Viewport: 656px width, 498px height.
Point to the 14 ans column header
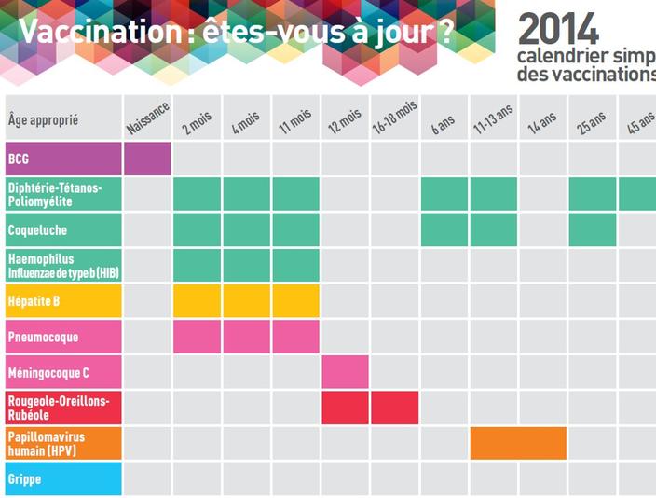541,122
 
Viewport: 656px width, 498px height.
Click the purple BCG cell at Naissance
147,159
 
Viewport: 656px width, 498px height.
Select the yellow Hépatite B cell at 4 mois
246,300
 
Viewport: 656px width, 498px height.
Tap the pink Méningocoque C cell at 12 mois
345,372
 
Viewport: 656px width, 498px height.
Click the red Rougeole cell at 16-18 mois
394,408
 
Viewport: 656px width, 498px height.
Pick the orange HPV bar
518,443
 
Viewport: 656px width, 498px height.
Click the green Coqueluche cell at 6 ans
444,229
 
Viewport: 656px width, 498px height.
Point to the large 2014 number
558,30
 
